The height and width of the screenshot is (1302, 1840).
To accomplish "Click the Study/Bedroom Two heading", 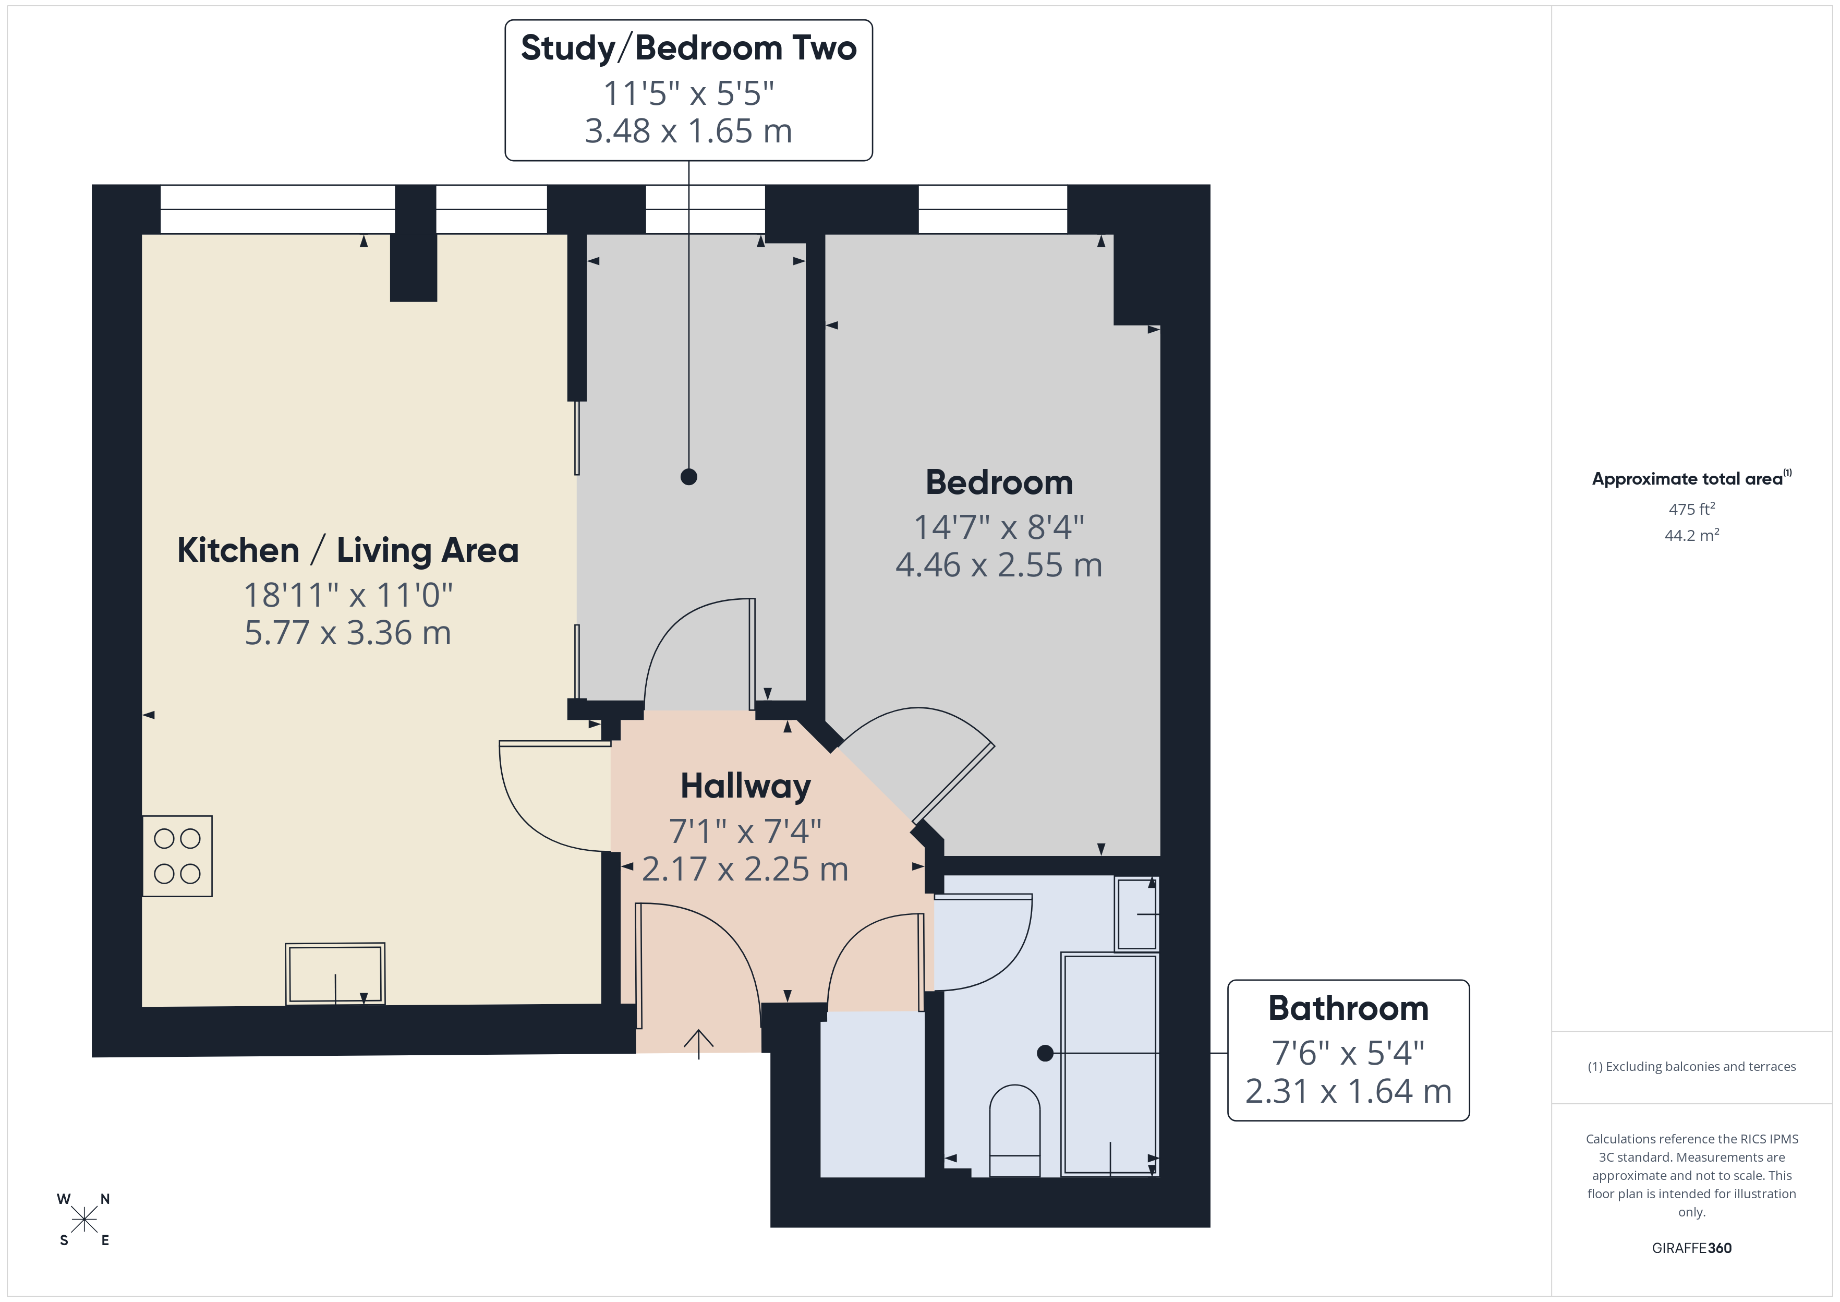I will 688,48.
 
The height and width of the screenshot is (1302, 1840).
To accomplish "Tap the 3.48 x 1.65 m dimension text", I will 688,131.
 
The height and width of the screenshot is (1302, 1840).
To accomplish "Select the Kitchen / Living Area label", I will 348,551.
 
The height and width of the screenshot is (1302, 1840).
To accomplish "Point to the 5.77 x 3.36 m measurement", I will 348,633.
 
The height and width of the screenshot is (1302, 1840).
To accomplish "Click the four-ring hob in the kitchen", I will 177,856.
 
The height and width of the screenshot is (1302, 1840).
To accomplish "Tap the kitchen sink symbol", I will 335,974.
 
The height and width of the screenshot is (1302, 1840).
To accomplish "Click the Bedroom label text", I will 999,483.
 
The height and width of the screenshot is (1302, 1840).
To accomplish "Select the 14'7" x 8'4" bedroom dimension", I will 999,527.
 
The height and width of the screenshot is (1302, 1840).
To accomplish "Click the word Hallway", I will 745,786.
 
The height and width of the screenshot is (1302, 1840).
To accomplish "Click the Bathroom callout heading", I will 1348,1008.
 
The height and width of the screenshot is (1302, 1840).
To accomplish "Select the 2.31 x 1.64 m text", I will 1348,1091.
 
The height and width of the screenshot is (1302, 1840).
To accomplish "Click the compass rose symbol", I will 84,1220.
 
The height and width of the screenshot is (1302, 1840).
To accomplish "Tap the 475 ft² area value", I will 1691,509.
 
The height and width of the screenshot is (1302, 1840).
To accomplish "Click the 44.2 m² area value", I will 1691,536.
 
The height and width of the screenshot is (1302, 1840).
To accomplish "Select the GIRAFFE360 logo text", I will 1691,1248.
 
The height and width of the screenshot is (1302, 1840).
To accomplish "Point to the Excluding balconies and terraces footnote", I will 1691,1066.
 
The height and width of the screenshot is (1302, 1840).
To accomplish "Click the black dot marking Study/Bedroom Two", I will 688,477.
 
